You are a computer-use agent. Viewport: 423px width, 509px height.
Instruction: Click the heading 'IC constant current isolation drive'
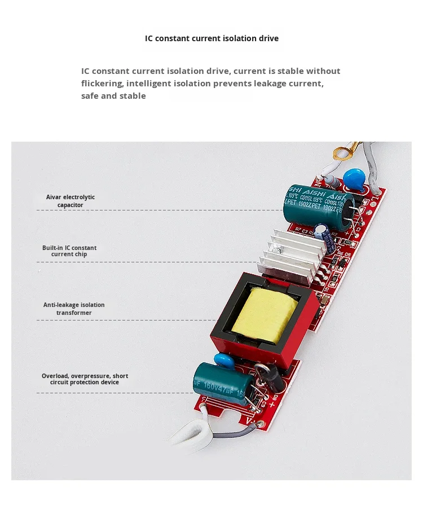[x=211, y=38]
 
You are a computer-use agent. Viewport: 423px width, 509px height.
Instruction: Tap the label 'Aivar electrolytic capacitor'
[x=70, y=201]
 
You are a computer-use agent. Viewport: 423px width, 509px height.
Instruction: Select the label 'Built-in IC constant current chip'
[x=69, y=251]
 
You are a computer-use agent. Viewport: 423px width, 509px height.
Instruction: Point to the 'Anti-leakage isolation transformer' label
[x=74, y=309]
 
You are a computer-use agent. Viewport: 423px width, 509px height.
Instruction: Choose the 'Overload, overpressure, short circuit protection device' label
[x=85, y=379]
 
